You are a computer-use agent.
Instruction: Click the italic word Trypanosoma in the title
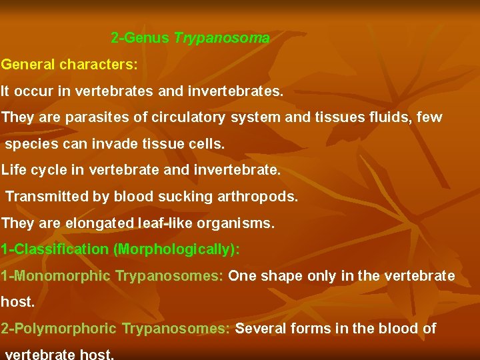click(x=222, y=39)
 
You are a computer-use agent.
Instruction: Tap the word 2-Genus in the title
click(x=140, y=39)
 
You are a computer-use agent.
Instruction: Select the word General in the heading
click(x=28, y=65)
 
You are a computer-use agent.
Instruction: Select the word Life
click(x=14, y=169)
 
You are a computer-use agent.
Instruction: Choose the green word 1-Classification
click(x=55, y=249)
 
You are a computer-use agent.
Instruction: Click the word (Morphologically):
click(x=176, y=249)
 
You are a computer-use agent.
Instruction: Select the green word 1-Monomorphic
click(x=56, y=276)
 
